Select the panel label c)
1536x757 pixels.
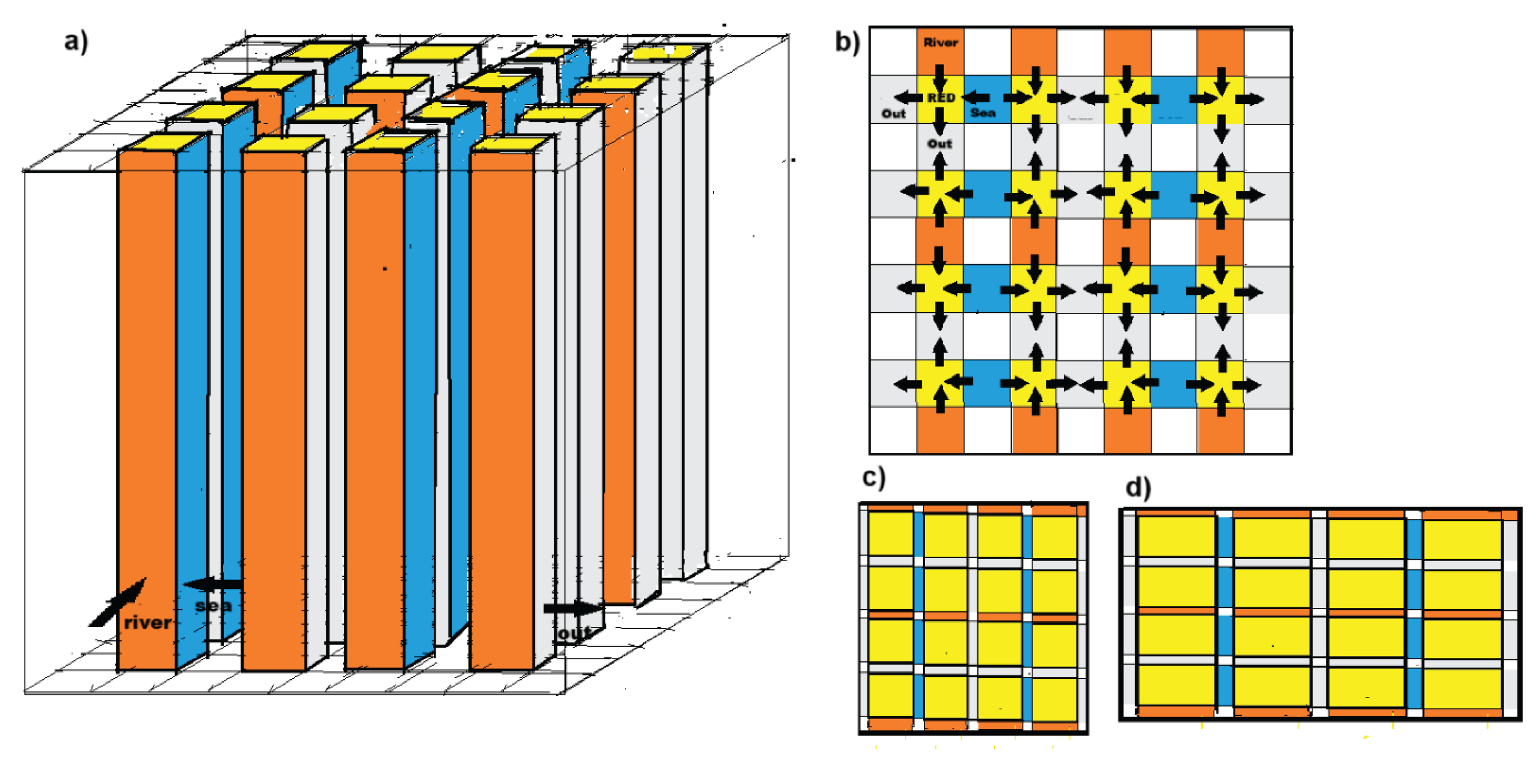click(874, 477)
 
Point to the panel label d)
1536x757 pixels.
click(1138, 487)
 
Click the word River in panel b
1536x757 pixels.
click(940, 42)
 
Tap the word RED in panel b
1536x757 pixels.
click(941, 97)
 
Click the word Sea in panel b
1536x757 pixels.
click(983, 112)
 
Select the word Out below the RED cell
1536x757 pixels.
click(940, 143)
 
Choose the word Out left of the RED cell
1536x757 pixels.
click(893, 113)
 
